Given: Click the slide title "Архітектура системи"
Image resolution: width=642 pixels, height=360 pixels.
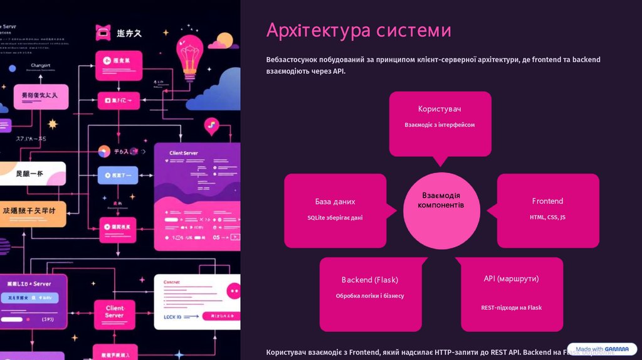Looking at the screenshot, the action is [358, 30].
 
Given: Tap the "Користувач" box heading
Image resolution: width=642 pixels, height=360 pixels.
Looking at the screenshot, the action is [439, 109].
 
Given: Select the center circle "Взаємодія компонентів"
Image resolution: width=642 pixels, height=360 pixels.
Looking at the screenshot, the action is [441, 201].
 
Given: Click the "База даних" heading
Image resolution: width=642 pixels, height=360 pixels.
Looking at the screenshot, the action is [335, 201].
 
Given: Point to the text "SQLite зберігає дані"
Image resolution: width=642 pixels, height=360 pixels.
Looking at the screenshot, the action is [335, 218].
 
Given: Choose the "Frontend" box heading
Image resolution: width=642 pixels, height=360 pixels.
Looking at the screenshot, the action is [547, 201].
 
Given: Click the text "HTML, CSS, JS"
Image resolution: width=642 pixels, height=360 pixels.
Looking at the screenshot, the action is [547, 217].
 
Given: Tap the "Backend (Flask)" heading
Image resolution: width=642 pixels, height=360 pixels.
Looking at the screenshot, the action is [369, 280].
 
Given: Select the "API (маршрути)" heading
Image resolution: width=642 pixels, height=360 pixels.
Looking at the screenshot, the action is [511, 278].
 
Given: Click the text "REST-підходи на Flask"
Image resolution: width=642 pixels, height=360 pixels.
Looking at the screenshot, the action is [511, 307].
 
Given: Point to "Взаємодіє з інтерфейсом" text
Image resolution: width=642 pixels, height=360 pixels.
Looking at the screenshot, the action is [439, 125].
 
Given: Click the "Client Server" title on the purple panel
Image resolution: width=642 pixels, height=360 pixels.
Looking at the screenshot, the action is [184, 153].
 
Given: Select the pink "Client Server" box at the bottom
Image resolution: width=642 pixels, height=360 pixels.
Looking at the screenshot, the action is [114, 312].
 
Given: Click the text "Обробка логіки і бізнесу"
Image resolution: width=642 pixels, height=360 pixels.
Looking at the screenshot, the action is [369, 295].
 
